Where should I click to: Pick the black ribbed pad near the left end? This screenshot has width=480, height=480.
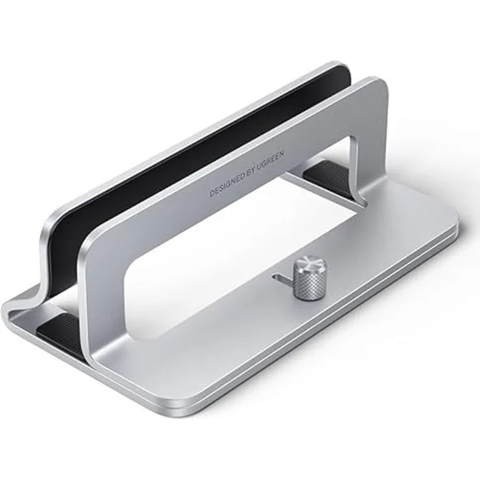click(59, 329)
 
